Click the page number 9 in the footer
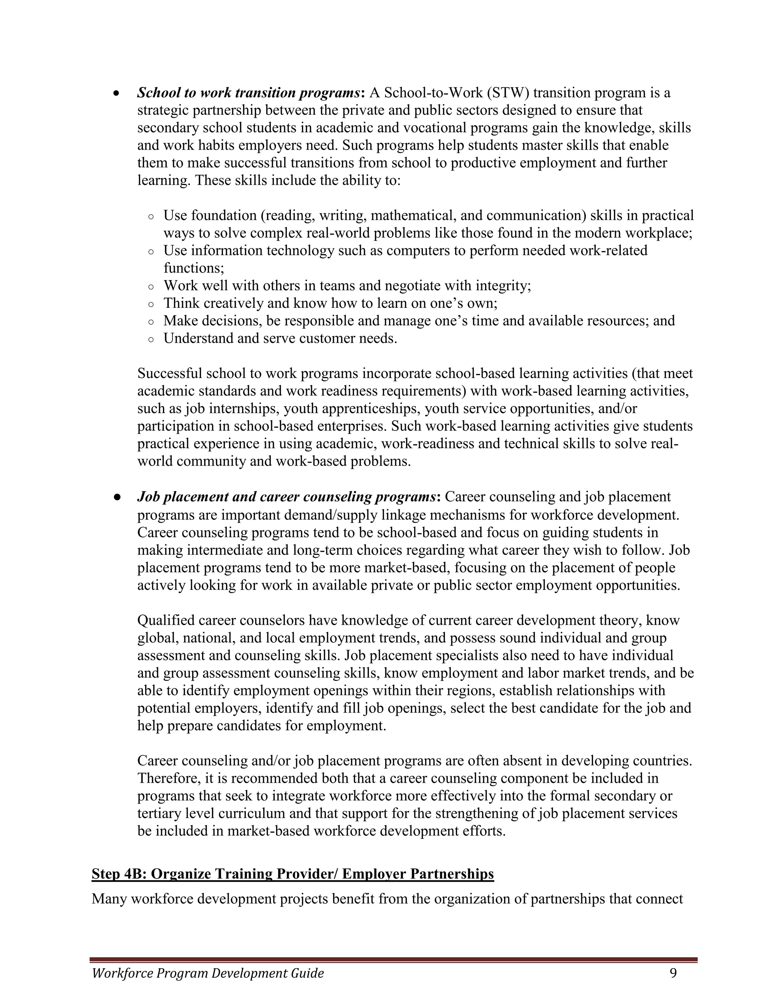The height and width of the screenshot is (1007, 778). (x=674, y=973)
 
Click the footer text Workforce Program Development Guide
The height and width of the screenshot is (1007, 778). (x=208, y=973)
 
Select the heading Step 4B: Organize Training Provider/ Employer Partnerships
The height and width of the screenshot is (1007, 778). (x=293, y=874)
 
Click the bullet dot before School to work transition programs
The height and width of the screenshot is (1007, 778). (x=117, y=93)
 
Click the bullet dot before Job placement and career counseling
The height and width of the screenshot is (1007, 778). (x=117, y=497)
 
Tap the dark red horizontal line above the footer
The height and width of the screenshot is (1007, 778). (x=394, y=957)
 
